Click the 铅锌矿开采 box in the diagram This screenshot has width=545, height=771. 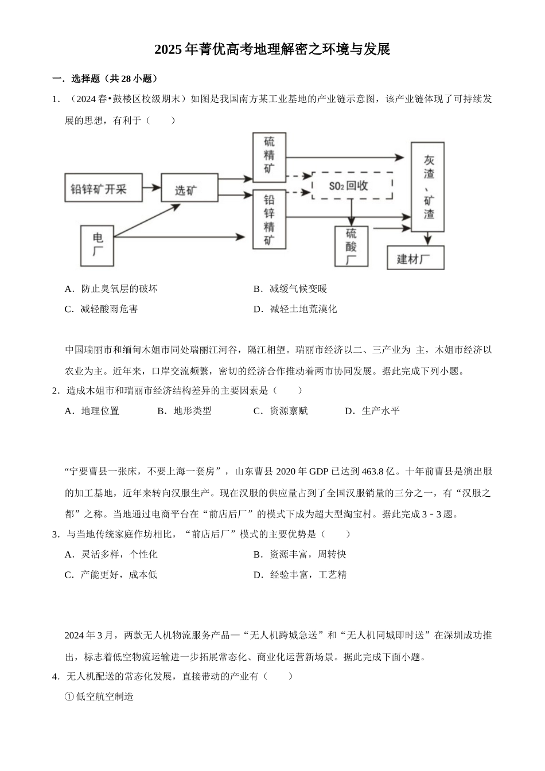(103, 188)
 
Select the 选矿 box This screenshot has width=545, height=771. (189, 188)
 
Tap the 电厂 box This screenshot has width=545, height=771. (97, 246)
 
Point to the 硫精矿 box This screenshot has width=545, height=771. (269, 158)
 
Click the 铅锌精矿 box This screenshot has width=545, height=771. (269, 220)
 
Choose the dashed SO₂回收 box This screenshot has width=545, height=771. (352, 185)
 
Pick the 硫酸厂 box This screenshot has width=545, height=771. (351, 246)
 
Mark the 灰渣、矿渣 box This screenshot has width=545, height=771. (427, 186)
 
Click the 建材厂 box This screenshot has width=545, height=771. (415, 258)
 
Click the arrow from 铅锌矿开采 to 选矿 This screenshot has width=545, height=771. (151, 188)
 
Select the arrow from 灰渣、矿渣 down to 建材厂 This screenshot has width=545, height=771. (427, 239)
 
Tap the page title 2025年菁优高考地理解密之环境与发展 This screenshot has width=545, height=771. (272, 50)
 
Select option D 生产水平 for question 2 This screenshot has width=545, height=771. (373, 411)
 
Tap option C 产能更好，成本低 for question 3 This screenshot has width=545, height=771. (111, 575)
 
